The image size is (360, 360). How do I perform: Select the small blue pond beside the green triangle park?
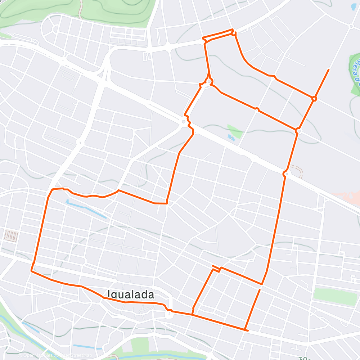[231, 137]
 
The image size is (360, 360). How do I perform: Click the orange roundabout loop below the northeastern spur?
[314, 98]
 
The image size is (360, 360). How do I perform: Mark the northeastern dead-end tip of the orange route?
[328, 69]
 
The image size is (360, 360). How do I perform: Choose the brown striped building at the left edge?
[11, 236]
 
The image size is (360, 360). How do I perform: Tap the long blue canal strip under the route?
[86, 209]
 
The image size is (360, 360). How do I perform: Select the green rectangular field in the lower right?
[335, 296]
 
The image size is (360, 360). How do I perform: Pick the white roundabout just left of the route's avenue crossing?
[184, 122]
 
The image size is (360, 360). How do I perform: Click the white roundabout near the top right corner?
[351, 26]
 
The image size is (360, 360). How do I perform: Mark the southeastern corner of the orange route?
[246, 329]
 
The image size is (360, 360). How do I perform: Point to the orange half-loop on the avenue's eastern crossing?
[285, 174]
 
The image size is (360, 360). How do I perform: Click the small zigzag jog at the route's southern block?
[216, 269]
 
